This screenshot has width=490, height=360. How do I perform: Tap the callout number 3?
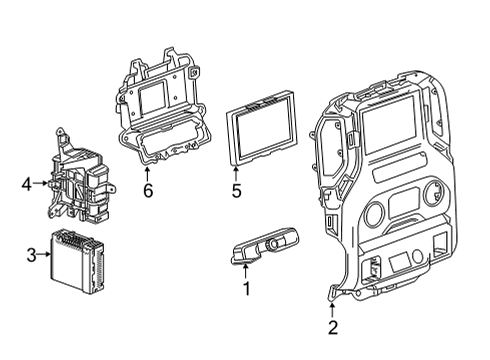[x=30, y=255]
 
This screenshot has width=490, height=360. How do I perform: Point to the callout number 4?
[x=27, y=183]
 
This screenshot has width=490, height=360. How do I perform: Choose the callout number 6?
[x=147, y=189]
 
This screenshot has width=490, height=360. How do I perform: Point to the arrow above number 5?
[x=236, y=169]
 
